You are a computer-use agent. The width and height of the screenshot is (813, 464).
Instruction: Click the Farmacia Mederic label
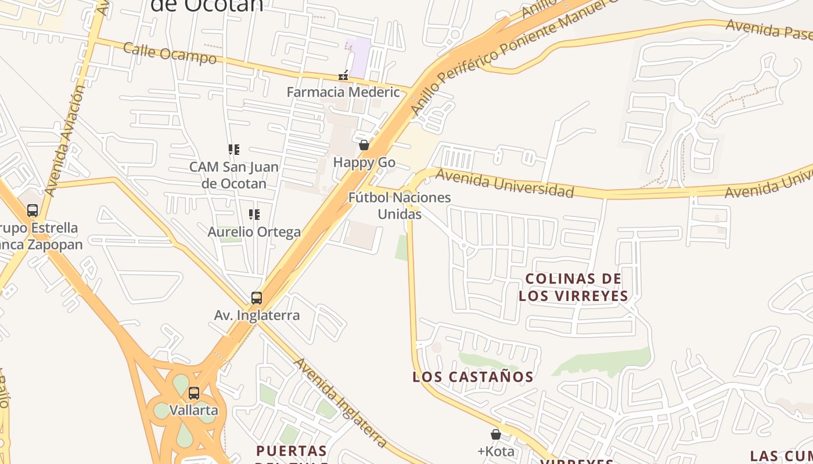343,92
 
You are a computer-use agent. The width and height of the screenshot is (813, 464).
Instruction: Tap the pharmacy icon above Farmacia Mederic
343,75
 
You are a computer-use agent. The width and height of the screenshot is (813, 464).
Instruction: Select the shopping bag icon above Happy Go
364,145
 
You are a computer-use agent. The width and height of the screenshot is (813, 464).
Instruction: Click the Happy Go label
364,162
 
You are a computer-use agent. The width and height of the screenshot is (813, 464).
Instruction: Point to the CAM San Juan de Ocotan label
234,175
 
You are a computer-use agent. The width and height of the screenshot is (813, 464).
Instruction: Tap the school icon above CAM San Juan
234,150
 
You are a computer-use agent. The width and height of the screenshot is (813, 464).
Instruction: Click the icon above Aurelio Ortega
254,215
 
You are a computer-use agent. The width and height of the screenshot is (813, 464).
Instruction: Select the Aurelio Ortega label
254,232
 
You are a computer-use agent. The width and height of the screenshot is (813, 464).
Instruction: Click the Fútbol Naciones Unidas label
400,205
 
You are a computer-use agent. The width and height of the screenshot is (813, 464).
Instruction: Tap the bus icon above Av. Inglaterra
257,298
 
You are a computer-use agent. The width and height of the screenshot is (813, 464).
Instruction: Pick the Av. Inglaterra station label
257,315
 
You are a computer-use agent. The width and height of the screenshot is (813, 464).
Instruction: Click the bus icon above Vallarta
194,393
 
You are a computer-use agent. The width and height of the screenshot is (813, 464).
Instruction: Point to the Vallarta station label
194,410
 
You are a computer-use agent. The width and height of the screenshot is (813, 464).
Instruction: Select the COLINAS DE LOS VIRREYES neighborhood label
573,287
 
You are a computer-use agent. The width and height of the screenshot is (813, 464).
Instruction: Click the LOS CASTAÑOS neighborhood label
473,376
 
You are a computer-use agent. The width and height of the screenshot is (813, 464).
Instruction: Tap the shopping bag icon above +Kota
496,434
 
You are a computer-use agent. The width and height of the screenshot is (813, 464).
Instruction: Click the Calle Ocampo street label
170,53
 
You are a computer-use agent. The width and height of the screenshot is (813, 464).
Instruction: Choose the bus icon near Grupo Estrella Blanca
33,211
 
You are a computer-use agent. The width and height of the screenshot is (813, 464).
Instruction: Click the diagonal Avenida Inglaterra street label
341,403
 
